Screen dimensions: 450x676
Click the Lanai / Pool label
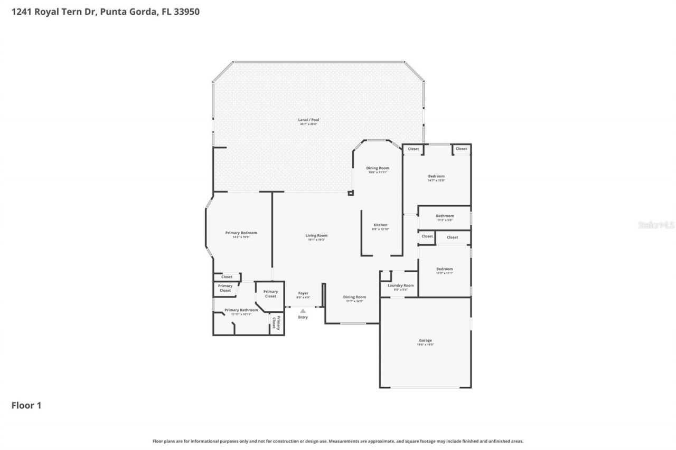[x=308, y=120]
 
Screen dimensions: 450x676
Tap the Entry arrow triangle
[x=303, y=311]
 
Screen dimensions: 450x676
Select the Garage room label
[x=425, y=340]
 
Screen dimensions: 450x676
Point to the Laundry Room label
[x=401, y=285]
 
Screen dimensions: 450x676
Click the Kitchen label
[x=381, y=225]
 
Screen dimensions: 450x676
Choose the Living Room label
[x=316, y=235]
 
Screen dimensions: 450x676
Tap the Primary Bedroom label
[x=241, y=233]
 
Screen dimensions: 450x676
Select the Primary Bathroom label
[x=241, y=310]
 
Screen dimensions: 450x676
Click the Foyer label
[x=303, y=293]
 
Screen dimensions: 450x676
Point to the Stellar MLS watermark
[x=656, y=225]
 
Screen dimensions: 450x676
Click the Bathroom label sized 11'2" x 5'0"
[x=445, y=216]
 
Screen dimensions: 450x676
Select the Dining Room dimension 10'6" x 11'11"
[x=378, y=172]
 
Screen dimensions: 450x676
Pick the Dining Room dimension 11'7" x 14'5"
[x=354, y=301]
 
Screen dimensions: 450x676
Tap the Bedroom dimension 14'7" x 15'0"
[x=436, y=180]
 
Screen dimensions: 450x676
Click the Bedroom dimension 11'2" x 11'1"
[x=444, y=273]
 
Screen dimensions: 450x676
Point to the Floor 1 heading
[x=26, y=405]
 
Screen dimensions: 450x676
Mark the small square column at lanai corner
[x=350, y=193]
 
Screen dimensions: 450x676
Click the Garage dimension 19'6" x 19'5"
[x=425, y=344]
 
